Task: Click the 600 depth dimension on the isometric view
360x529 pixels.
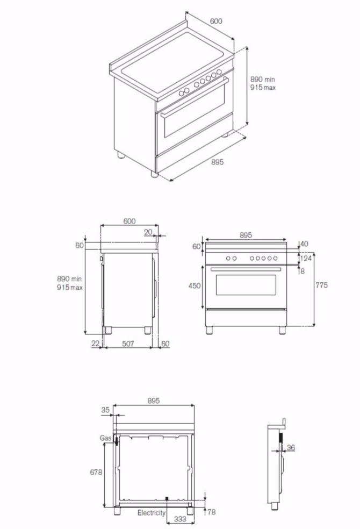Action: [x=216, y=22]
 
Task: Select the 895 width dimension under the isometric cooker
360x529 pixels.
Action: [x=217, y=162]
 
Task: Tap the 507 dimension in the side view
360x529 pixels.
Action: [x=127, y=344]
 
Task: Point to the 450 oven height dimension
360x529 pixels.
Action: [x=195, y=285]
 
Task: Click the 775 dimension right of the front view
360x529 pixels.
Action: [x=321, y=285]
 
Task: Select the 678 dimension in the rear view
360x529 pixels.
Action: [x=97, y=471]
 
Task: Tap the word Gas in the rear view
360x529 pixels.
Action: [x=106, y=438]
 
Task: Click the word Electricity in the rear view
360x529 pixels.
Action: [x=152, y=513]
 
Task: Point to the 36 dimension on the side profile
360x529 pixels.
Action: [x=291, y=447]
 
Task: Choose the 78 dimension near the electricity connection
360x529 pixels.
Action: [x=212, y=512]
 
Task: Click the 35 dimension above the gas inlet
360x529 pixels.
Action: [x=105, y=410]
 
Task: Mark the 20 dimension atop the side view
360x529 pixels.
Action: [x=148, y=232]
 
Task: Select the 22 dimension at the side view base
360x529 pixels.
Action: [x=95, y=344]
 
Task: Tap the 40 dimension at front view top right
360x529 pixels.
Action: [x=304, y=244]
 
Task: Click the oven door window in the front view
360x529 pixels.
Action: [x=246, y=284]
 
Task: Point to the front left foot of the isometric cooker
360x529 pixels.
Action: [x=155, y=174]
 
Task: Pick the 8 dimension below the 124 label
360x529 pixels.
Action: [x=303, y=271]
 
